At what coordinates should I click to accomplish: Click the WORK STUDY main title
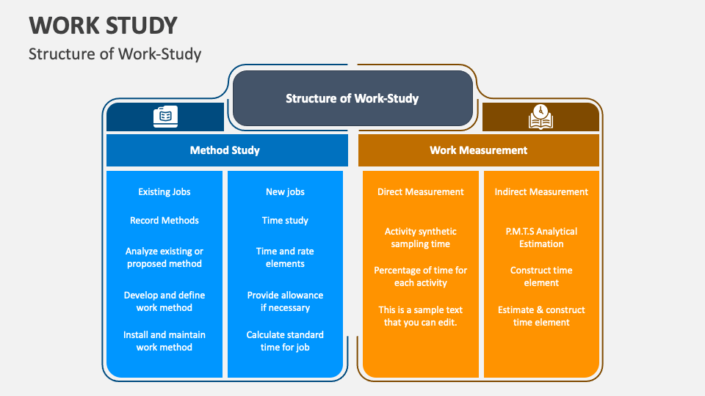point(104,25)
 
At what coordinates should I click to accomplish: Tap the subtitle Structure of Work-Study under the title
point(115,54)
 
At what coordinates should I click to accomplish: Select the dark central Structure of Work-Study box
point(352,98)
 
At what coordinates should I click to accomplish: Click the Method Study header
point(225,150)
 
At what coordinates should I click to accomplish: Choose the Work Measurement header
point(478,150)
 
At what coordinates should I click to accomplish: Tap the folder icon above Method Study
point(165,117)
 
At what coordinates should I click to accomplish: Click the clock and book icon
point(540,117)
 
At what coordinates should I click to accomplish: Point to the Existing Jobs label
point(164,192)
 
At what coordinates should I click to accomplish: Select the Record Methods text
point(164,220)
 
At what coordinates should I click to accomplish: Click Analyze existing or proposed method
point(164,257)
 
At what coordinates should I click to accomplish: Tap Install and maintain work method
point(164,341)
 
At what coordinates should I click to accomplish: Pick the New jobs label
point(285,192)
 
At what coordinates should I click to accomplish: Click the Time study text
point(285,220)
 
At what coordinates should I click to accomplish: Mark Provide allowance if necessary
point(285,301)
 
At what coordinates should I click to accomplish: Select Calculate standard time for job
point(285,341)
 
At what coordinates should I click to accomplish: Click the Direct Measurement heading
point(421,192)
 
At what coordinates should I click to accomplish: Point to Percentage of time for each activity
point(421,276)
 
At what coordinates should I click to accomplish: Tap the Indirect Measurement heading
point(541,192)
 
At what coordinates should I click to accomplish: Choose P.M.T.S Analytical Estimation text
point(541,238)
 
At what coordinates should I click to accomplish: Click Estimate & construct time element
point(541,316)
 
